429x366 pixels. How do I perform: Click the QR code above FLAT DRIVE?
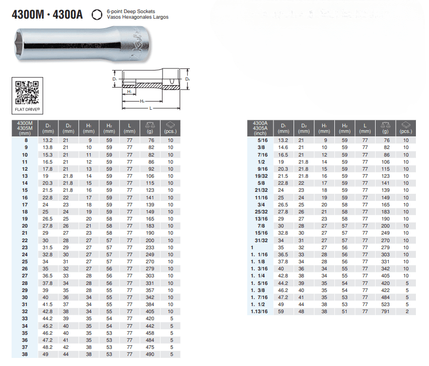(x=27, y=93)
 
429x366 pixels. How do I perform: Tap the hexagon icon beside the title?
(x=97, y=15)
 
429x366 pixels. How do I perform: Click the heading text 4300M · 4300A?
(x=47, y=15)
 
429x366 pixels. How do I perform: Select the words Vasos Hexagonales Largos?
(x=137, y=17)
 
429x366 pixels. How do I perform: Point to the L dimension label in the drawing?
(x=151, y=108)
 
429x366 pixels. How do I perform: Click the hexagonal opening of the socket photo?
(x=20, y=44)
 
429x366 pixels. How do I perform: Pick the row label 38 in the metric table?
(x=25, y=354)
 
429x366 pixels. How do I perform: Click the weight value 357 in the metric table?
(x=150, y=290)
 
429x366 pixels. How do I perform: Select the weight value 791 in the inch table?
(x=385, y=311)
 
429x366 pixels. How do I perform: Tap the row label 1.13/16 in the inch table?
(x=259, y=311)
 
